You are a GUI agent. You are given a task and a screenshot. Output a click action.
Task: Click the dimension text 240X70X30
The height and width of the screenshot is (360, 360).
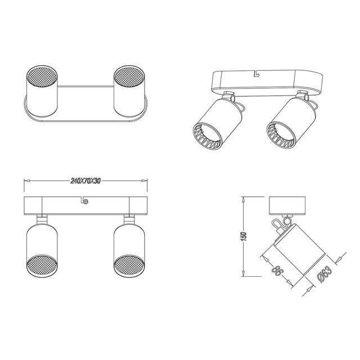pos(85,181)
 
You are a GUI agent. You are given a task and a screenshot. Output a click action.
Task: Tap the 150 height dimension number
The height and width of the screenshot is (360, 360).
pos(242,237)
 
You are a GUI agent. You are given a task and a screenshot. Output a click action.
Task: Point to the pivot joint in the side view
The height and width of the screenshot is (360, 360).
pos(280,223)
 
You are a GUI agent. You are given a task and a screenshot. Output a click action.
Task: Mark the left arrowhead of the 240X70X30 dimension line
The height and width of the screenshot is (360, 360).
pos(25,181)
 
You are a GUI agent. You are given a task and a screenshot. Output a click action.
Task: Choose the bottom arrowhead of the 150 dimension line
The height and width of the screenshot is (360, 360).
pos(242,276)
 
